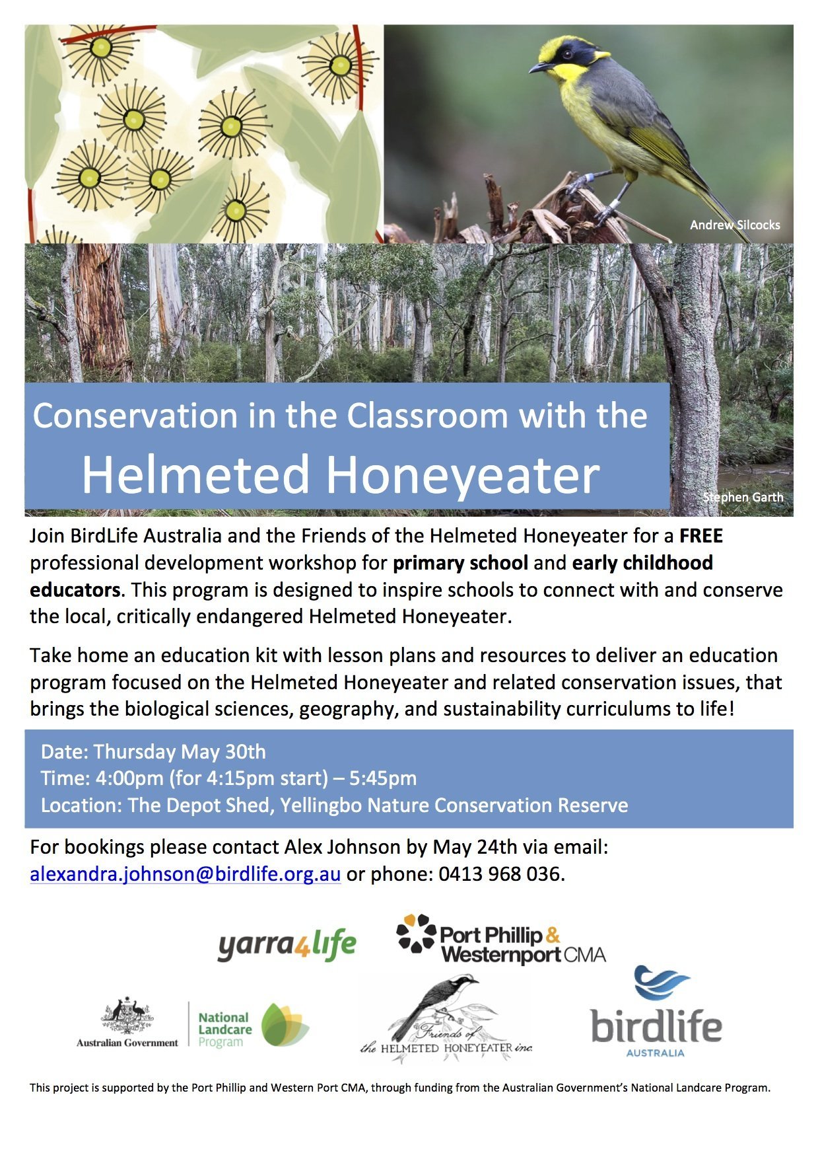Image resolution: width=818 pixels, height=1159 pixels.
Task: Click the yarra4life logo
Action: tap(287, 945)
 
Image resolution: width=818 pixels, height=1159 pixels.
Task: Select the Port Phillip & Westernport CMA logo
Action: tap(500, 939)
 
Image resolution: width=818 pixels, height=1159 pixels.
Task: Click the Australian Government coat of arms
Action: tap(127, 1016)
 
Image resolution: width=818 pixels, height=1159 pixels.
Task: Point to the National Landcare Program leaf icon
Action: tap(285, 1025)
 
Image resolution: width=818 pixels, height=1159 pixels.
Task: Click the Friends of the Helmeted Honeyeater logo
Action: tap(446, 1018)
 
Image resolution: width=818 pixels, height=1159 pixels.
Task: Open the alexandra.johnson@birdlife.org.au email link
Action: tap(186, 874)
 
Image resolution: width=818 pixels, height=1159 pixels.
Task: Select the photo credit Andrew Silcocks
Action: tap(735, 225)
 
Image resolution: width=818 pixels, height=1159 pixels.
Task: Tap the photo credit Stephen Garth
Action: tap(743, 498)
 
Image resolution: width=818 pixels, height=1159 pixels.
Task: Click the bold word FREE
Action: tap(701, 536)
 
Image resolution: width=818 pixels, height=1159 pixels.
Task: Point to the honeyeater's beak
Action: tap(540, 67)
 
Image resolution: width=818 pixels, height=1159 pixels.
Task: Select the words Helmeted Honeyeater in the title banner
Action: tap(341, 475)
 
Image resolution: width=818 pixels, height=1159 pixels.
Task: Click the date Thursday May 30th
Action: tap(180, 752)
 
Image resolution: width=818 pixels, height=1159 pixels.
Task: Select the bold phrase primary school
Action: tap(460, 563)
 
